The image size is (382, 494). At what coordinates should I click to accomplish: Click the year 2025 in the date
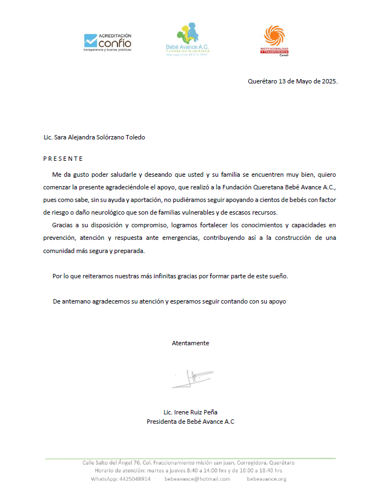tap(328, 81)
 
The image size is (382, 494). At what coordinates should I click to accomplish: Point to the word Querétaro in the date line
tap(263, 81)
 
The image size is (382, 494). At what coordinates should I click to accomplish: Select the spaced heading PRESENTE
tap(63, 159)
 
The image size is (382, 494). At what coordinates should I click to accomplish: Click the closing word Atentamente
tap(190, 343)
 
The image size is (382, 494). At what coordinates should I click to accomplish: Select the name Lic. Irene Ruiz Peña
tap(191, 412)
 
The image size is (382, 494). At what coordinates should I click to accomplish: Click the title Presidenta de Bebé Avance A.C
tap(191, 422)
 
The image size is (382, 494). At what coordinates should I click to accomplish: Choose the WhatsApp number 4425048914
tap(135, 479)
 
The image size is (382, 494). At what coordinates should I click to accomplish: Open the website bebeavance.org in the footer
tap(266, 479)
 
